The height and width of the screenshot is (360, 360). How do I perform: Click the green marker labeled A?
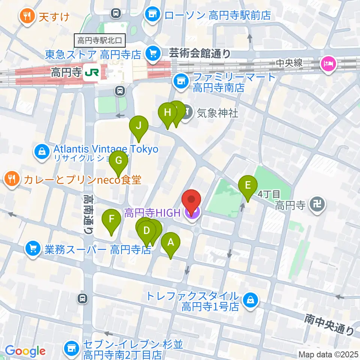[170, 243]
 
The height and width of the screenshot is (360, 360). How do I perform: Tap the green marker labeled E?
[248, 185]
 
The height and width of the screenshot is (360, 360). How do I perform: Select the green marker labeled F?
[111, 219]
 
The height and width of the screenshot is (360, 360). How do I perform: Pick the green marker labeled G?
[118, 161]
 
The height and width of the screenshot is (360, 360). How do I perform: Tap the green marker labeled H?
[167, 112]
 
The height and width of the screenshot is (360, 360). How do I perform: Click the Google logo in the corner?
[25, 351]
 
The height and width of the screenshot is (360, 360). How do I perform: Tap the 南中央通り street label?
[329, 325]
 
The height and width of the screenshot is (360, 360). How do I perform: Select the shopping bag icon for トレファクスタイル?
[249, 300]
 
